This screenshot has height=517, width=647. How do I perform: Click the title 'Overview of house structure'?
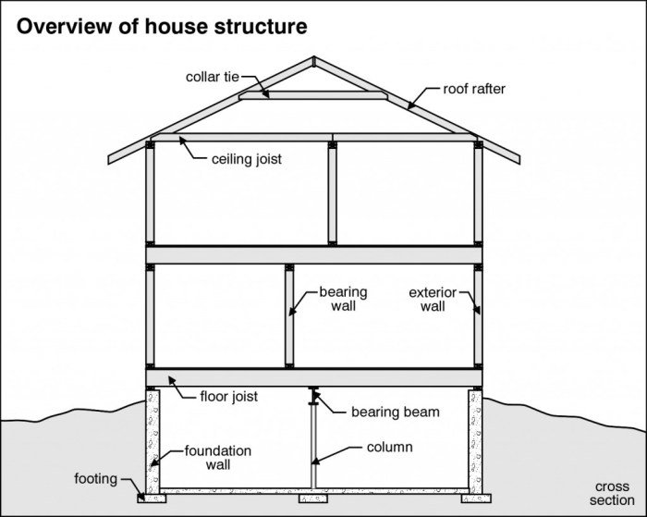pyautogui.click(x=162, y=25)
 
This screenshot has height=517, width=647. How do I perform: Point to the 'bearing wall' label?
pyautogui.click(x=343, y=299)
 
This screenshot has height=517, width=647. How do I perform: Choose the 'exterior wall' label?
pyautogui.click(x=432, y=299)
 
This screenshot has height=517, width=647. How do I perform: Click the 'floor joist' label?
pyautogui.click(x=228, y=397)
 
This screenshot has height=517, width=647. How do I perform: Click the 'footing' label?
pyautogui.click(x=95, y=479)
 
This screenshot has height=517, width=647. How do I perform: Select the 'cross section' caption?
pyautogui.click(x=613, y=493)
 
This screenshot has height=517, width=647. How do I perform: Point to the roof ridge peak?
pyautogui.click(x=314, y=60)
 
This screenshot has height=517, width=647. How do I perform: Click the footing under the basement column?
pyautogui.click(x=313, y=498)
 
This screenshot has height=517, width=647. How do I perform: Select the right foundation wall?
pyautogui.click(x=475, y=439)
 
